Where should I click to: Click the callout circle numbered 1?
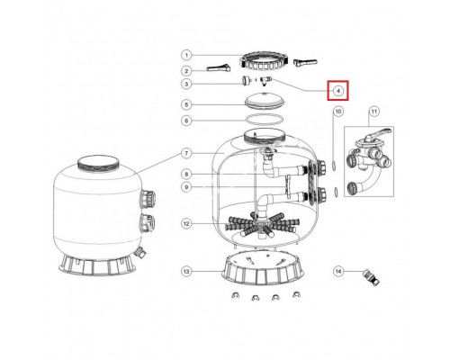186,55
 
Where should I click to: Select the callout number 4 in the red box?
338,91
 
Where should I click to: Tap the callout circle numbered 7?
186,154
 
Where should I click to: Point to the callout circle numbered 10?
338,112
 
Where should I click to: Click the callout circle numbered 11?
373,112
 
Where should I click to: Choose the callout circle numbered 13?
186,272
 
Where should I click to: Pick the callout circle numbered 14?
338,272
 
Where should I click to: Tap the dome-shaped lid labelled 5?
264,101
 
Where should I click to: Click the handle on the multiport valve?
379,133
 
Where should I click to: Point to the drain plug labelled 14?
372,277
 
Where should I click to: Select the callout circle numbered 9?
186,187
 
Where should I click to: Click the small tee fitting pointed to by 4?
265,80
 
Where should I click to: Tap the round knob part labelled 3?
246,80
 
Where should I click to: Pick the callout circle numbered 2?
186,71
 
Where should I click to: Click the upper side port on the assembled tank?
148,199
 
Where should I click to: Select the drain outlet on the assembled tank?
140,252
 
